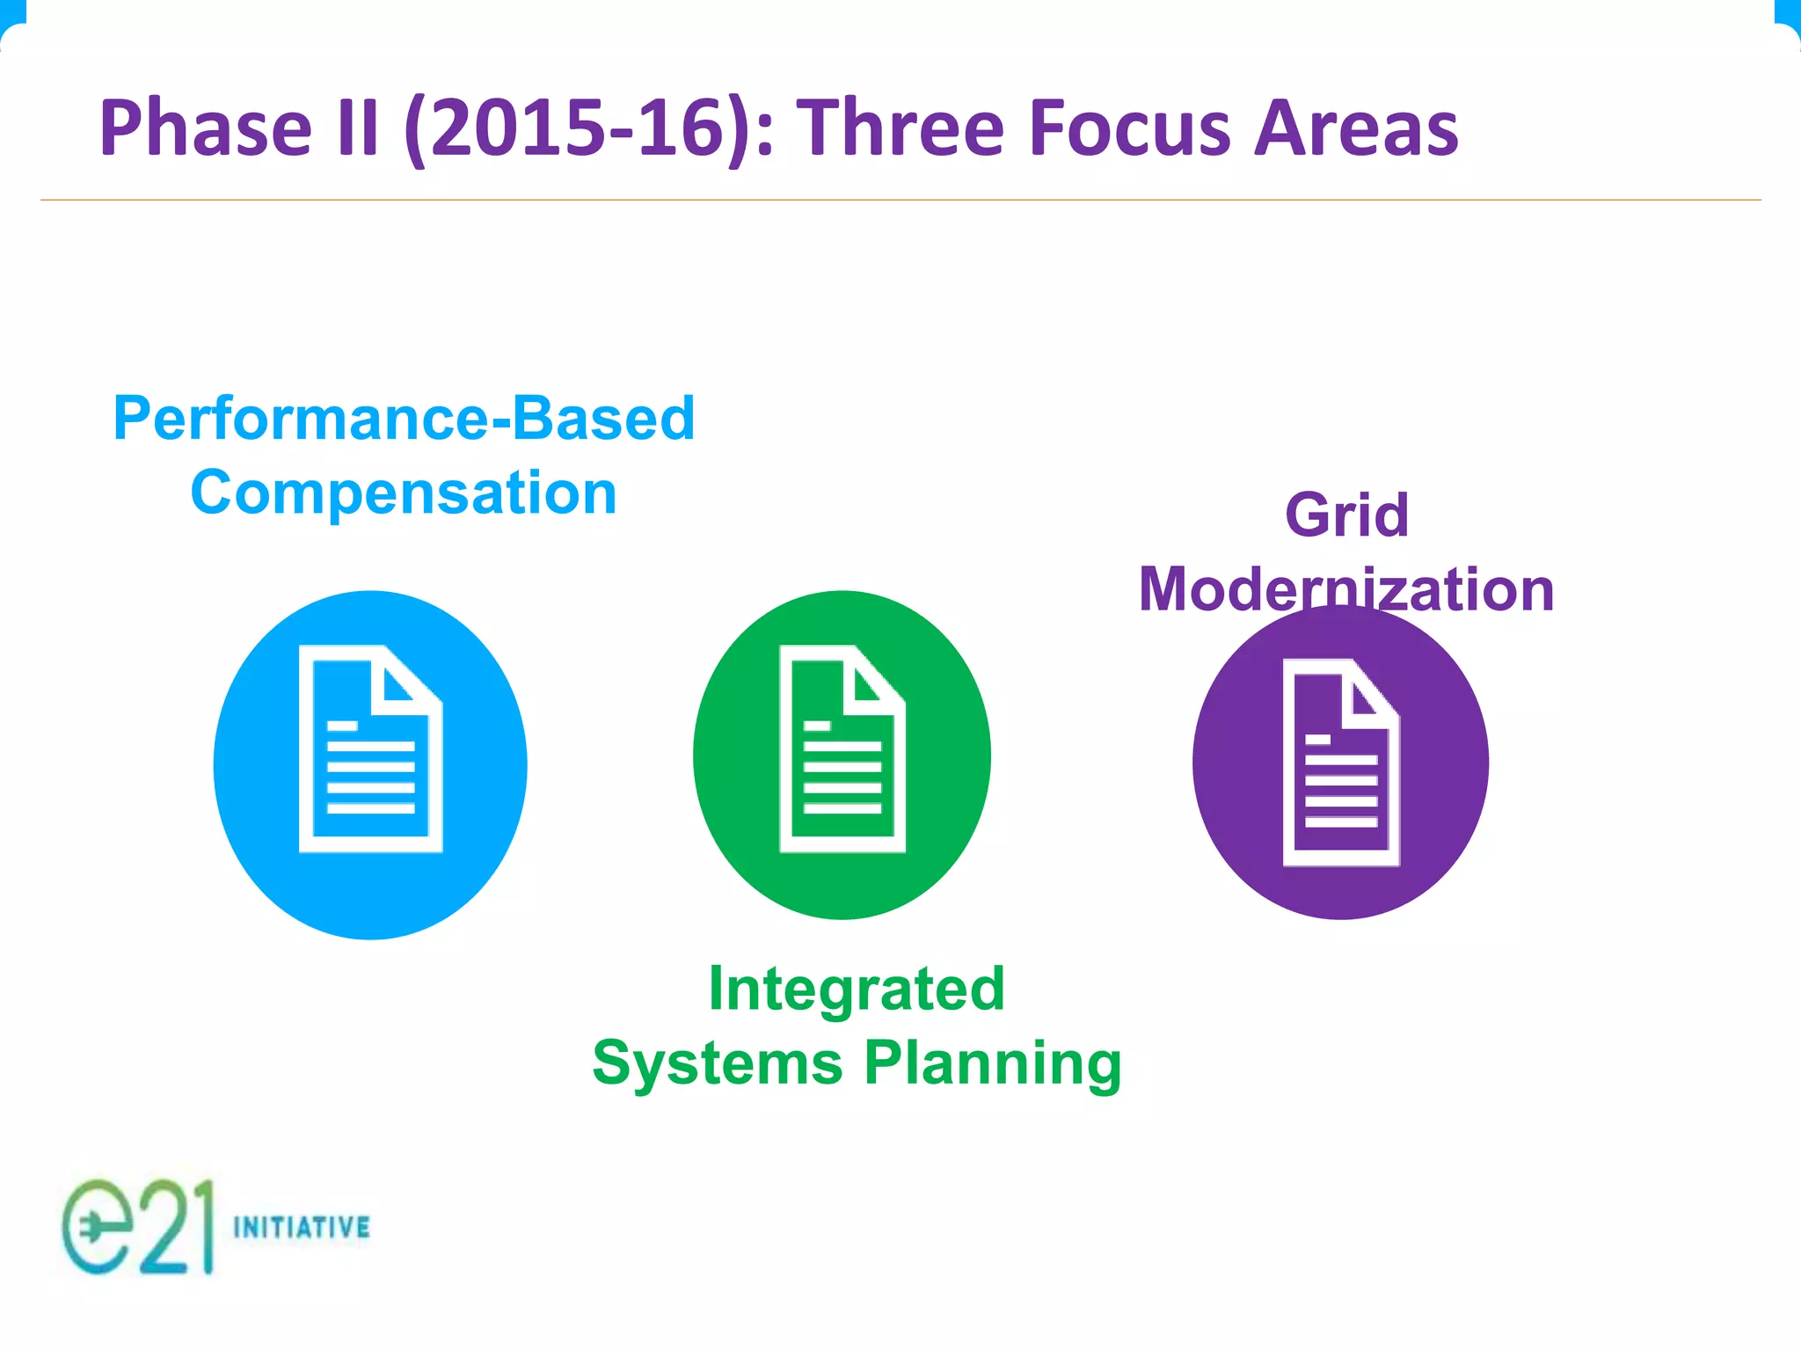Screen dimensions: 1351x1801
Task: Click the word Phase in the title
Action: (205, 129)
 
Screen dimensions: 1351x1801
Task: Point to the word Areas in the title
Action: (1355, 129)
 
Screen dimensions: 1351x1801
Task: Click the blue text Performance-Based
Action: (404, 418)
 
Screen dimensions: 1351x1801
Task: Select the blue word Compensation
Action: (404, 493)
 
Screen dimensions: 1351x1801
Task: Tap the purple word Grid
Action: (1346, 515)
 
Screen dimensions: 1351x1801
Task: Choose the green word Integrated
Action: (857, 989)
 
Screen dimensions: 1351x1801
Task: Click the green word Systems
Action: (718, 1063)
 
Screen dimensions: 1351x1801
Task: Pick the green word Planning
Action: (993, 1063)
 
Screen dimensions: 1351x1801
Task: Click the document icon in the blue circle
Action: (370, 749)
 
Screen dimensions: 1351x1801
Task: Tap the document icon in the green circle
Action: (842, 749)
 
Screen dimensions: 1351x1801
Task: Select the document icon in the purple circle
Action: (1340, 763)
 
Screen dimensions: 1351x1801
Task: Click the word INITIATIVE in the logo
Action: (302, 1227)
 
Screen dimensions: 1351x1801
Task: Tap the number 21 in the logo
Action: (176, 1227)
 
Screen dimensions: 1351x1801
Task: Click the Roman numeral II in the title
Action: (357, 129)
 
